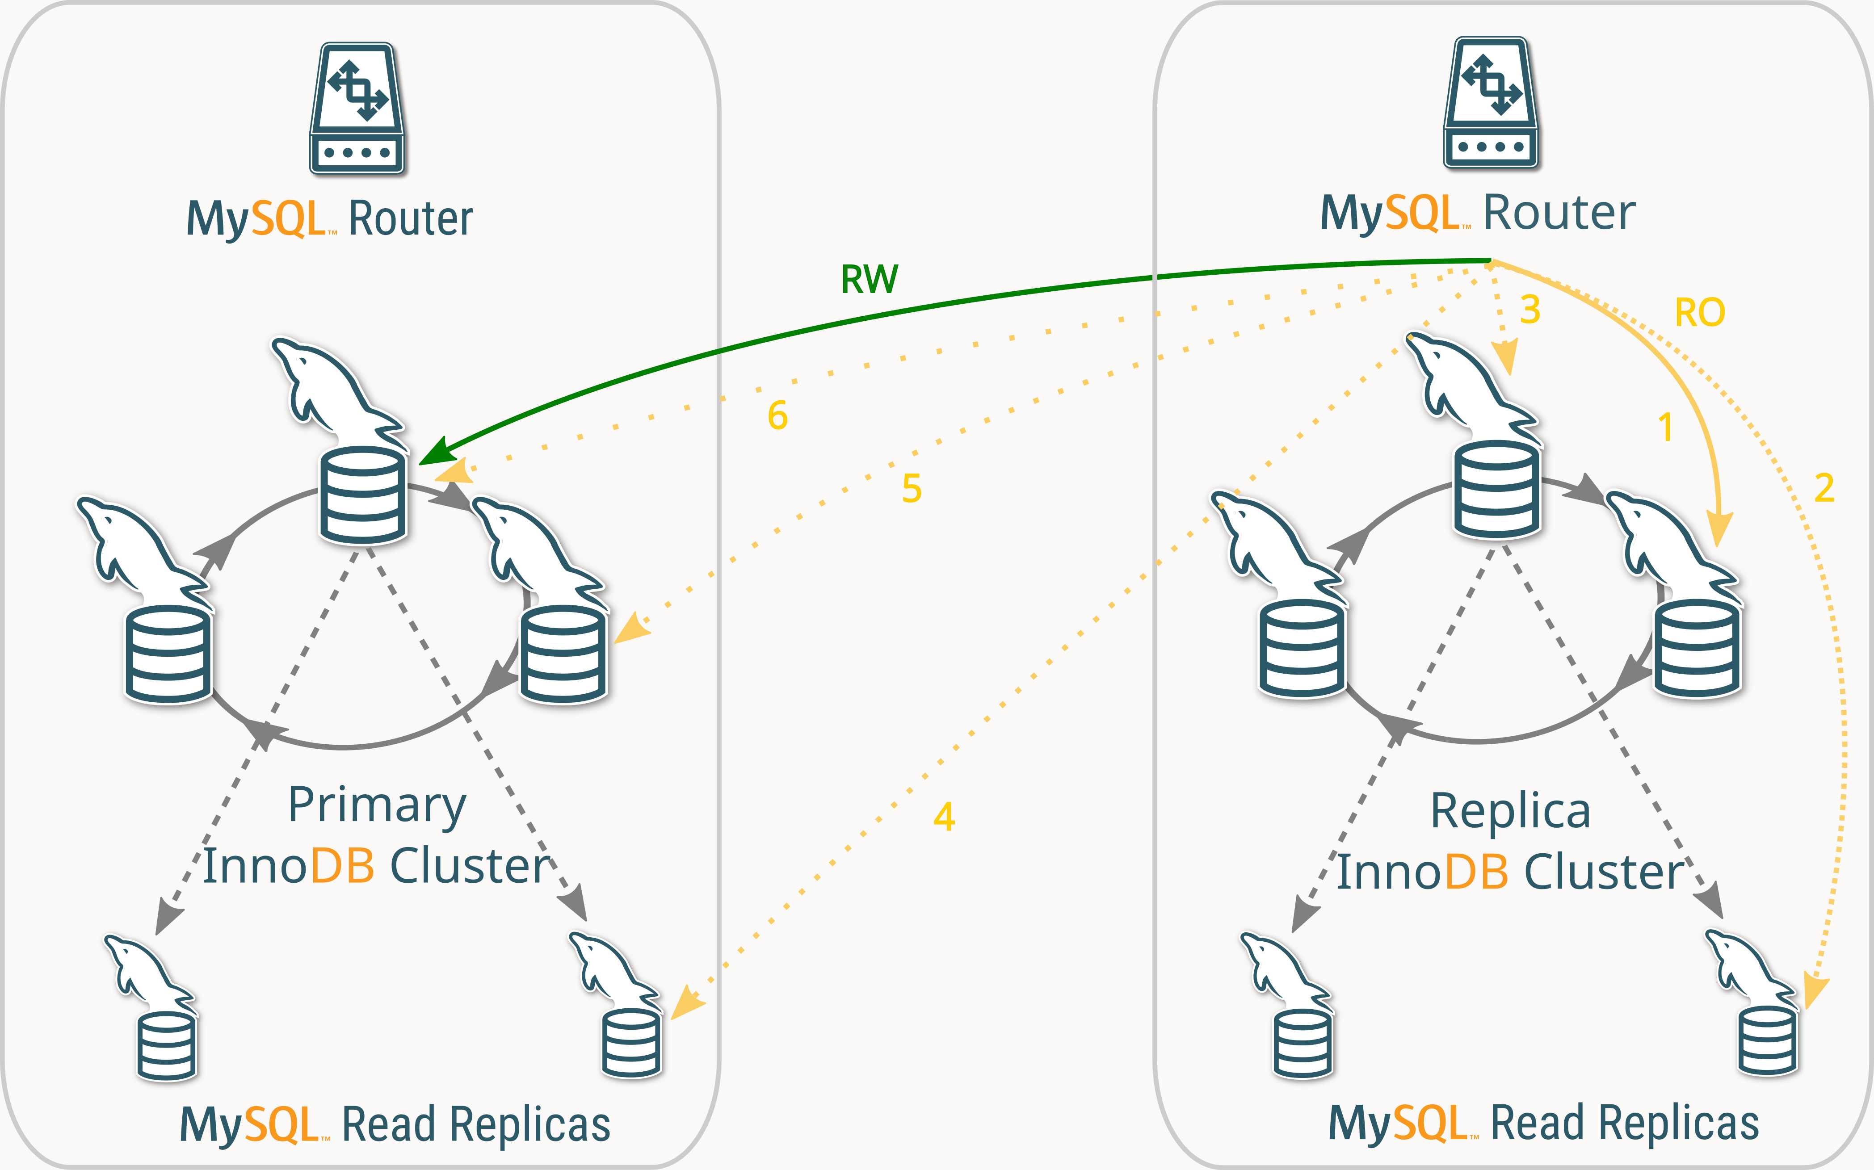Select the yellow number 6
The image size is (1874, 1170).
[777, 415]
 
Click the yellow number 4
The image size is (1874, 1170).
[944, 816]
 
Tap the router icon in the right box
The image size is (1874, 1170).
[1491, 102]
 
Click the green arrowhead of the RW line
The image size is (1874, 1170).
[435, 452]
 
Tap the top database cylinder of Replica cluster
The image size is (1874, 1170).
[1496, 489]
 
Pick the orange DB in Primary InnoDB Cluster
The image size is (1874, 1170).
[343, 866]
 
